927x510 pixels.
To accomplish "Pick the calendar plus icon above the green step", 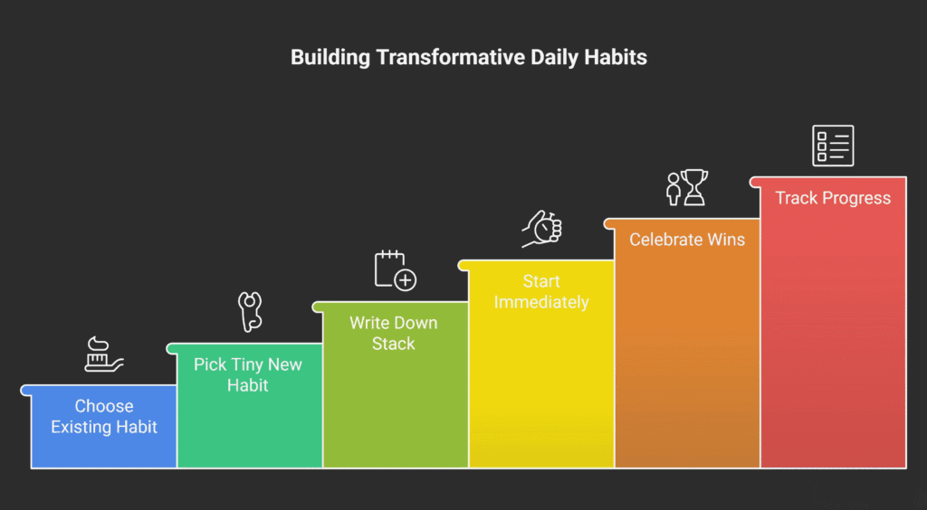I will (395, 269).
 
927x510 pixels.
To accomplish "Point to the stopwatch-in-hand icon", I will (541, 230).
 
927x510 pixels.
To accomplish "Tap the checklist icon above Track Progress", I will (833, 146).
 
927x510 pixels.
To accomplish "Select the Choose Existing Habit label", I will (104, 416).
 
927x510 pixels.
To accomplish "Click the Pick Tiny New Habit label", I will (248, 374).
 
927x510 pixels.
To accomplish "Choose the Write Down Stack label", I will (394, 333).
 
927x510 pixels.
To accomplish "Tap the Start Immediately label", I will (541, 291).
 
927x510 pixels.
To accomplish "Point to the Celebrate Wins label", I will (687, 240).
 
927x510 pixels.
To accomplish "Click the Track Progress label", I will (833, 198).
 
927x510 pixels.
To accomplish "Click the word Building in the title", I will (330, 57).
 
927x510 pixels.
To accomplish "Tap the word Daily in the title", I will (557, 57).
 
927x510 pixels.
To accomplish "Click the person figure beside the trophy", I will (673, 189).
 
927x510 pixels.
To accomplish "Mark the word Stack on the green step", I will (394, 344).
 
